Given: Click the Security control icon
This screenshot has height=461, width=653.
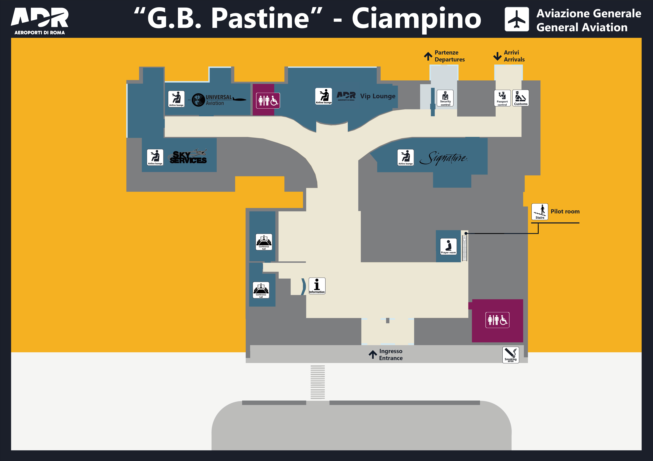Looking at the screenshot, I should (445, 98).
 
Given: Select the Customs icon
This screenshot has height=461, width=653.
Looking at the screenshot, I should (520, 98).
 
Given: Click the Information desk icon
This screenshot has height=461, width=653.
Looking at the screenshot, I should (317, 286).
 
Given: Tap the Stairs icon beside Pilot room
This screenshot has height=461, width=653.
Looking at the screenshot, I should (540, 212).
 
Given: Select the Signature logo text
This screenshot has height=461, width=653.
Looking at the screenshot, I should (444, 158).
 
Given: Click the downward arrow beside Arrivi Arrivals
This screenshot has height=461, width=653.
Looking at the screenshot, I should (497, 56).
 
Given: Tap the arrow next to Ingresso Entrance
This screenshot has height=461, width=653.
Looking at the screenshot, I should (373, 354).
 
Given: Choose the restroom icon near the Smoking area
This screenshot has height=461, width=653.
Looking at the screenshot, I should (497, 320).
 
